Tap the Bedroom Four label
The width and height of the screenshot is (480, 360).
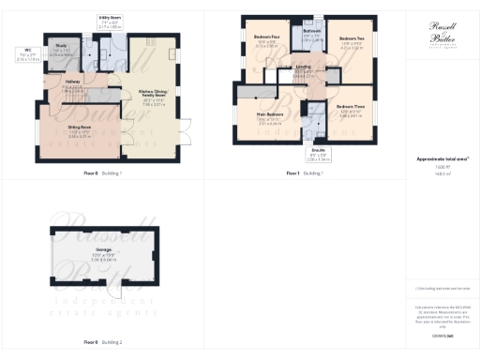coord(266,37)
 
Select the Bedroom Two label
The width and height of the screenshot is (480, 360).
coord(352,37)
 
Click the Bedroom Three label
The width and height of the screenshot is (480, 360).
coord(352,107)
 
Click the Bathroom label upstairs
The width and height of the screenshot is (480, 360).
coord(312,31)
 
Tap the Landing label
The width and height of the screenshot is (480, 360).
coord(304,67)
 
